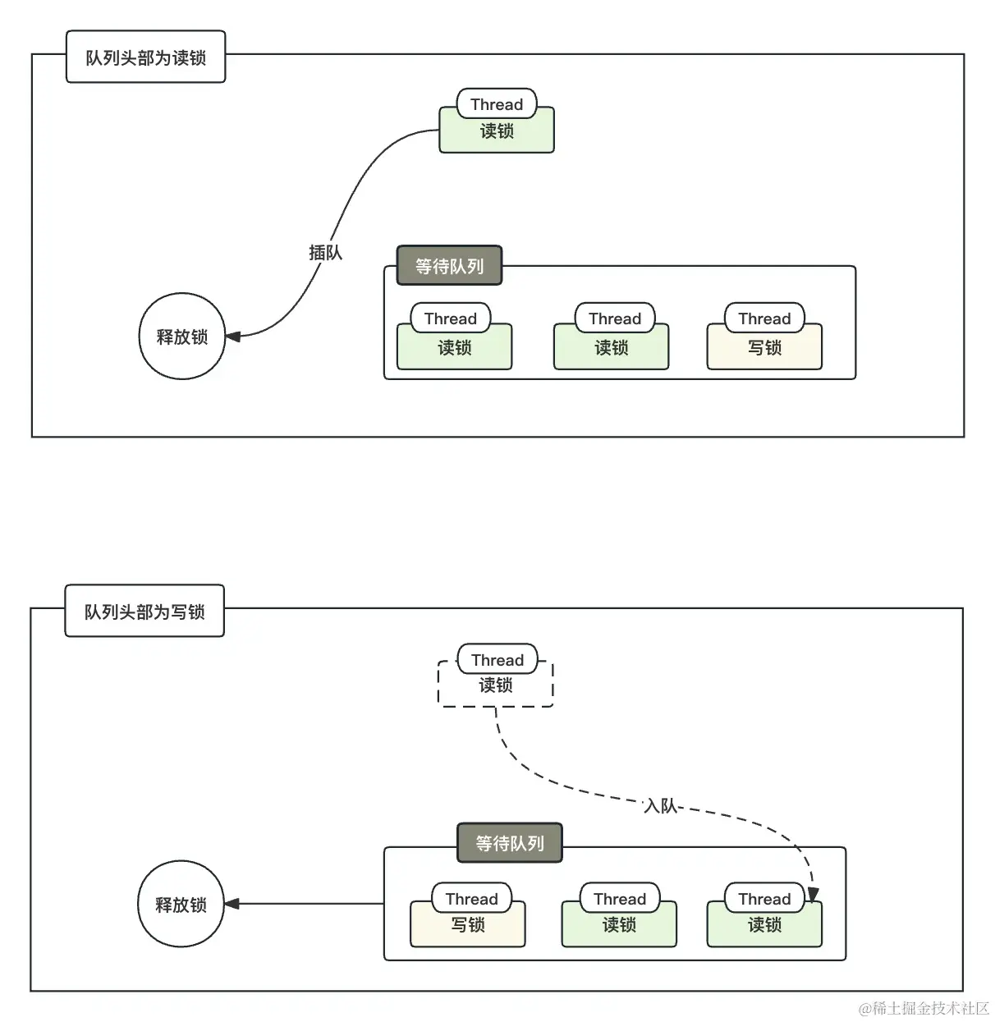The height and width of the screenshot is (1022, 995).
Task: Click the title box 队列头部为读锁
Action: pyautogui.click(x=145, y=57)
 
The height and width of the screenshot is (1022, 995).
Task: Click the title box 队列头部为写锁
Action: pyautogui.click(x=144, y=612)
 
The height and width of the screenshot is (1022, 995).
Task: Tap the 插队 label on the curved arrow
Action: pyautogui.click(x=325, y=253)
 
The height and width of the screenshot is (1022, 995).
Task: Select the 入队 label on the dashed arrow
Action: pyautogui.click(x=661, y=806)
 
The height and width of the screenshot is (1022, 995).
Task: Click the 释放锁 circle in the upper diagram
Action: pyautogui.click(x=181, y=337)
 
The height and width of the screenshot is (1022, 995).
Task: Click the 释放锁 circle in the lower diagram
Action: pyautogui.click(x=181, y=905)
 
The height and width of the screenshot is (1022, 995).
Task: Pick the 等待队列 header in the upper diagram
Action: pyautogui.click(x=449, y=266)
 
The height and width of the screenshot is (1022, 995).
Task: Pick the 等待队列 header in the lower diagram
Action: pyautogui.click(x=510, y=843)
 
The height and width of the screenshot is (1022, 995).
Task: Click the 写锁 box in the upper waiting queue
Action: pyautogui.click(x=764, y=348)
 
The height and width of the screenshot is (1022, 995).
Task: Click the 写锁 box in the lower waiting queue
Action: pyautogui.click(x=468, y=925)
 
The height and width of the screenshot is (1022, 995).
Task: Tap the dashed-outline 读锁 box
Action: pyautogui.click(x=496, y=686)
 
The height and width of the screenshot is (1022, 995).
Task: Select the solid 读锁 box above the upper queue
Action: pyautogui.click(x=497, y=131)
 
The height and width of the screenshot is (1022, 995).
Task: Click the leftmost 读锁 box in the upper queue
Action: pyautogui.click(x=455, y=348)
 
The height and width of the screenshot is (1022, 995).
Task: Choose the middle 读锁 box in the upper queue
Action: pyautogui.click(x=612, y=348)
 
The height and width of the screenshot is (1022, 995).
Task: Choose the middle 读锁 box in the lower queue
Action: pyautogui.click(x=619, y=925)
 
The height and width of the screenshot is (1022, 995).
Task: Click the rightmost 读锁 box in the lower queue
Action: pyautogui.click(x=764, y=925)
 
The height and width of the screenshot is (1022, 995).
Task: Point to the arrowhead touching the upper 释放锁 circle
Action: pyautogui.click(x=232, y=337)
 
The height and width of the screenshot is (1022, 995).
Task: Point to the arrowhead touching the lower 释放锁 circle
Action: pyautogui.click(x=232, y=904)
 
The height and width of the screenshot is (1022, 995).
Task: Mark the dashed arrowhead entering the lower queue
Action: pyautogui.click(x=812, y=895)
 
